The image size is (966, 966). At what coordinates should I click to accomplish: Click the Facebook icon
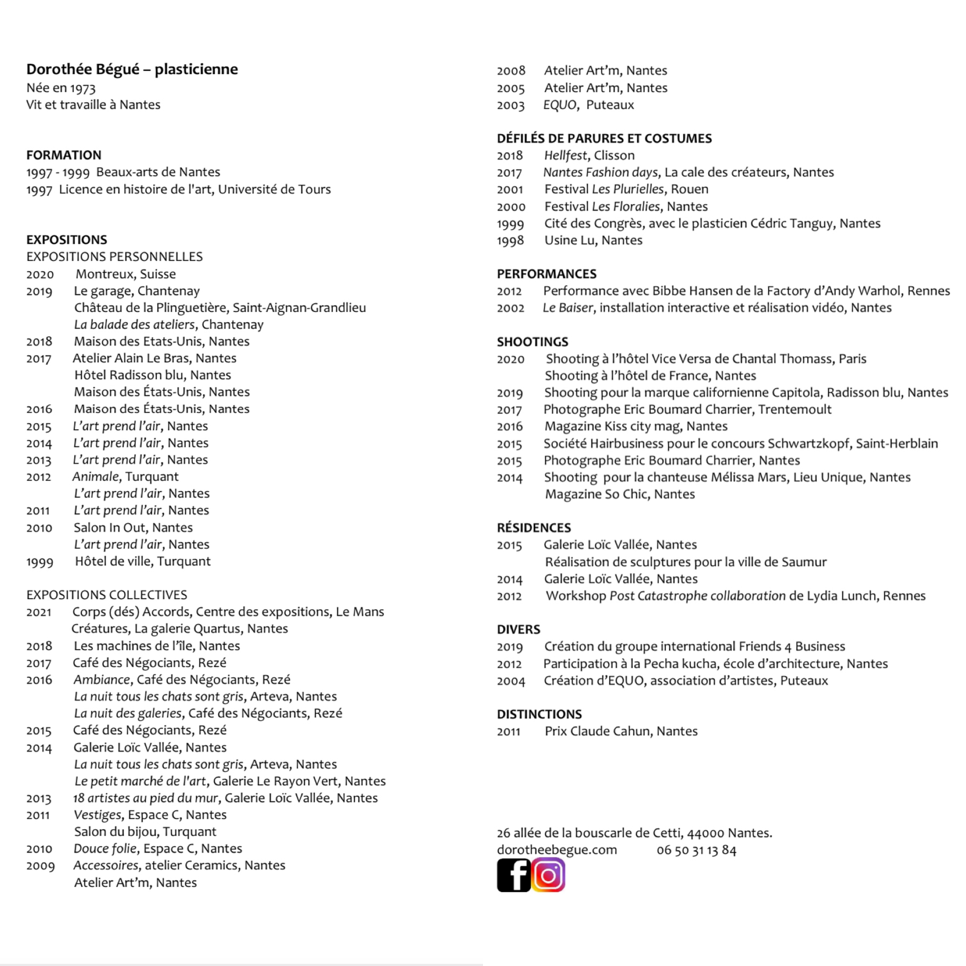pyautogui.click(x=513, y=875)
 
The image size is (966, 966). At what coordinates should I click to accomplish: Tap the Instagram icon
pyautogui.click(x=548, y=875)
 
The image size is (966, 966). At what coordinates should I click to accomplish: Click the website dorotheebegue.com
pyautogui.click(x=557, y=850)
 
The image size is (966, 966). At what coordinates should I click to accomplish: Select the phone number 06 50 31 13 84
pyautogui.click(x=696, y=850)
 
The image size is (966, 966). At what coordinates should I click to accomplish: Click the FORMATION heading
pyautogui.click(x=64, y=155)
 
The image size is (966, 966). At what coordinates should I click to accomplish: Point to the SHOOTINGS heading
pyautogui.click(x=532, y=341)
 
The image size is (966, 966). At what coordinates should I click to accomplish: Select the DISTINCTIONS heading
pyautogui.click(x=539, y=714)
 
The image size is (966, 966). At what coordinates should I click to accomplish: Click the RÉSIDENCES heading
pyautogui.click(x=533, y=527)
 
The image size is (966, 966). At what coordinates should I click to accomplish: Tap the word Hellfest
pyautogui.click(x=566, y=156)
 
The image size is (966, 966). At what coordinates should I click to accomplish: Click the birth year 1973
pyautogui.click(x=83, y=89)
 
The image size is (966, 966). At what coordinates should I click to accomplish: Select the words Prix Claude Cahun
pyautogui.click(x=597, y=731)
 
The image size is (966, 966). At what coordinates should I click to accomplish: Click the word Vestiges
pyautogui.click(x=97, y=815)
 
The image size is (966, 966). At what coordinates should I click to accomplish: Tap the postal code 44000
pyautogui.click(x=705, y=833)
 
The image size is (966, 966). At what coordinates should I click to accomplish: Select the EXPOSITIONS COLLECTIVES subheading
pyautogui.click(x=107, y=595)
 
